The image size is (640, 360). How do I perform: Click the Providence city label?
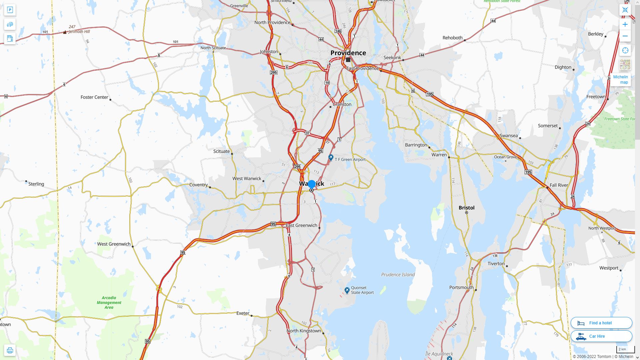click(348, 53)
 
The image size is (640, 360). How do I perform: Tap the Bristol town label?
click(466, 208)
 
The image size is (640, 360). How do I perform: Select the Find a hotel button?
click(601, 323)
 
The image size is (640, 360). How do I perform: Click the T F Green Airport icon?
click(331, 157)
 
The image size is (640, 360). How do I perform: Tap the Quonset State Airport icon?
click(347, 290)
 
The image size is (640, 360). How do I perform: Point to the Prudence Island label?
click(398, 275)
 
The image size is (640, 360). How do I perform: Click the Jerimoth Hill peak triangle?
click(65, 32)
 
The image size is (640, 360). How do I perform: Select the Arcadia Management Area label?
click(109, 303)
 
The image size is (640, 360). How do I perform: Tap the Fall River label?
click(558, 185)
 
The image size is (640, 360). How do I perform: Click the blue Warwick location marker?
click(312, 184)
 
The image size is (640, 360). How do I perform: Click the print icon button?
click(10, 350)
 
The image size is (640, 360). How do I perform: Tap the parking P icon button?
click(10, 10)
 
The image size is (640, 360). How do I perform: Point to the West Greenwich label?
click(114, 244)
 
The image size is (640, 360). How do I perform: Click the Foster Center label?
click(94, 97)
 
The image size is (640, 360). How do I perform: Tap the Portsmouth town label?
click(461, 287)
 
